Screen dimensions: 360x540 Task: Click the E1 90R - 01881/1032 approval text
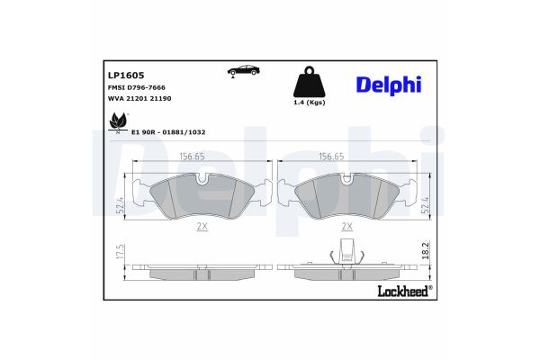click(x=168, y=131)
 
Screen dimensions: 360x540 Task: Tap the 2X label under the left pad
click(x=202, y=228)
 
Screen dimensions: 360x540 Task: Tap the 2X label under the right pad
click(x=346, y=228)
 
